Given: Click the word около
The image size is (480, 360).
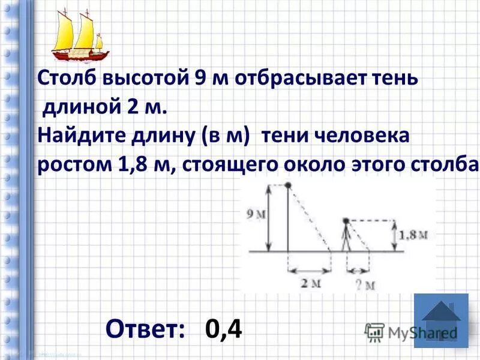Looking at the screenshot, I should click(x=329, y=164).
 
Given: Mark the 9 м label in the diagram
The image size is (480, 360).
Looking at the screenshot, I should click(x=256, y=214).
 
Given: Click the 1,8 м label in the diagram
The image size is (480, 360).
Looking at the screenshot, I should click(x=414, y=235).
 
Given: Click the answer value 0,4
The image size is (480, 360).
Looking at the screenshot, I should click(x=223, y=328).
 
